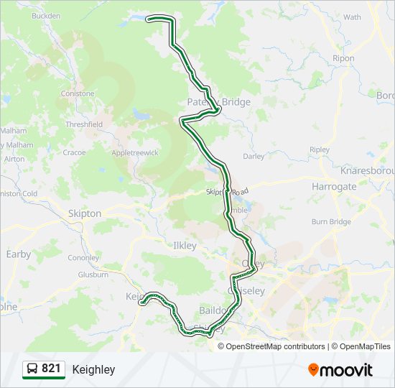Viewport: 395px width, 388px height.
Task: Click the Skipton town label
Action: click(x=84, y=213)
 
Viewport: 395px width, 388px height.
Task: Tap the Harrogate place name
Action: click(x=334, y=186)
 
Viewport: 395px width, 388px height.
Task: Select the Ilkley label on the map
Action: click(x=185, y=246)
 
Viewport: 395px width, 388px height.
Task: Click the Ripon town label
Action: click(x=344, y=58)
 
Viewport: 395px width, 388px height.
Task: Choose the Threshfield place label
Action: click(x=84, y=124)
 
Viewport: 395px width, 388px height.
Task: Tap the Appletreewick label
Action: click(x=134, y=153)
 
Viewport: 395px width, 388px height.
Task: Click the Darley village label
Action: click(x=254, y=156)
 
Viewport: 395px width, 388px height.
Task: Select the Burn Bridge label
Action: click(x=331, y=222)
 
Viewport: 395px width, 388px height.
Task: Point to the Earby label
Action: click(x=19, y=254)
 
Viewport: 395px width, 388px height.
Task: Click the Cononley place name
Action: click(x=83, y=258)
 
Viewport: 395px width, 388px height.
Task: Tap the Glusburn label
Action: click(x=93, y=274)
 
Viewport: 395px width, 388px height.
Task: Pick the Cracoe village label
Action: click(x=74, y=152)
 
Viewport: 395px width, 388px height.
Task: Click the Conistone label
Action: click(x=78, y=93)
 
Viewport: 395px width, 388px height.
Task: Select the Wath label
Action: click(x=353, y=17)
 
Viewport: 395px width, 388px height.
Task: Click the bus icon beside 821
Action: click(x=32, y=369)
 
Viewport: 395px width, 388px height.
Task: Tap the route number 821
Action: click(x=51, y=369)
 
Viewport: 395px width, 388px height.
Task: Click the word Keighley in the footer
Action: click(x=93, y=370)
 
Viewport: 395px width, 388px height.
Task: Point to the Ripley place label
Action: click(x=320, y=149)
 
